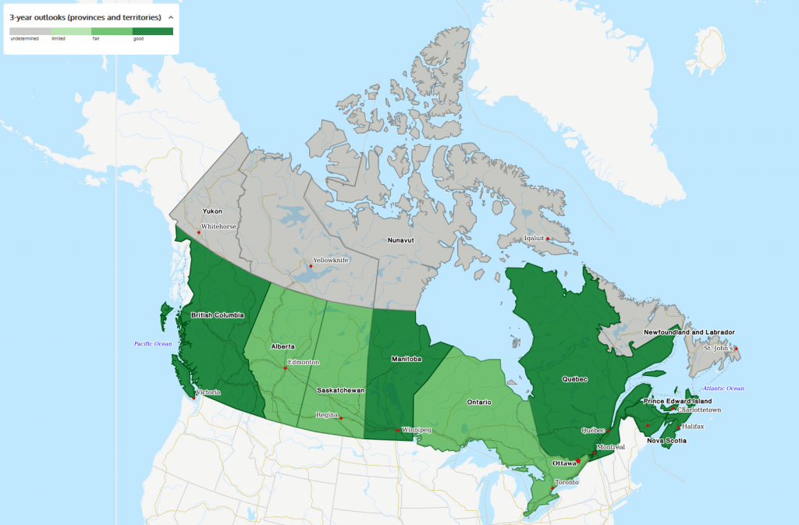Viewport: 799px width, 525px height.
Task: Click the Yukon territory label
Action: pyautogui.click(x=212, y=211)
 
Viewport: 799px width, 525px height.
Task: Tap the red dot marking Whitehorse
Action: pyautogui.click(x=199, y=232)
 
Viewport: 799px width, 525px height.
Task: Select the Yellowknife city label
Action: pyautogui.click(x=331, y=260)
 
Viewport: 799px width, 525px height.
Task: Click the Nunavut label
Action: pyautogui.click(x=401, y=240)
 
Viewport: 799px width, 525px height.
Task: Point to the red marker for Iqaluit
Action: pyautogui.click(x=548, y=239)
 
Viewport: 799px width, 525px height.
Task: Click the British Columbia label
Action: pyautogui.click(x=218, y=315)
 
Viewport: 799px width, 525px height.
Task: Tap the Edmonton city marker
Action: pyautogui.click(x=286, y=368)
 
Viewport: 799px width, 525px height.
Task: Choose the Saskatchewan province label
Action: pyautogui.click(x=341, y=390)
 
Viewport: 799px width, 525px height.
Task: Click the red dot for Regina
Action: pyautogui.click(x=341, y=418)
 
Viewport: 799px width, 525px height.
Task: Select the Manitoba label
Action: pyautogui.click(x=406, y=360)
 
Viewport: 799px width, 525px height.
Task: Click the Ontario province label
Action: pyautogui.click(x=479, y=403)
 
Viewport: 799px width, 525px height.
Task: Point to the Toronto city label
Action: pyautogui.click(x=566, y=482)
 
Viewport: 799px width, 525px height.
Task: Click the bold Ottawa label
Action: pyautogui.click(x=563, y=463)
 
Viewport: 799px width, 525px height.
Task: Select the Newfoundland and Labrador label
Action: pyautogui.click(x=689, y=332)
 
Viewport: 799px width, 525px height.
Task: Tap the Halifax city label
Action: pyautogui.click(x=692, y=427)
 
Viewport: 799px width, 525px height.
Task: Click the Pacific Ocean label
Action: pyautogui.click(x=153, y=344)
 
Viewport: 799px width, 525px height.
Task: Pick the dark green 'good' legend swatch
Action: pyautogui.click(x=153, y=31)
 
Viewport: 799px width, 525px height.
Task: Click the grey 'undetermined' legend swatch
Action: pyautogui.click(x=30, y=31)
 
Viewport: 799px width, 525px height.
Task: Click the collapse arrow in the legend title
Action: pyautogui.click(x=170, y=16)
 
